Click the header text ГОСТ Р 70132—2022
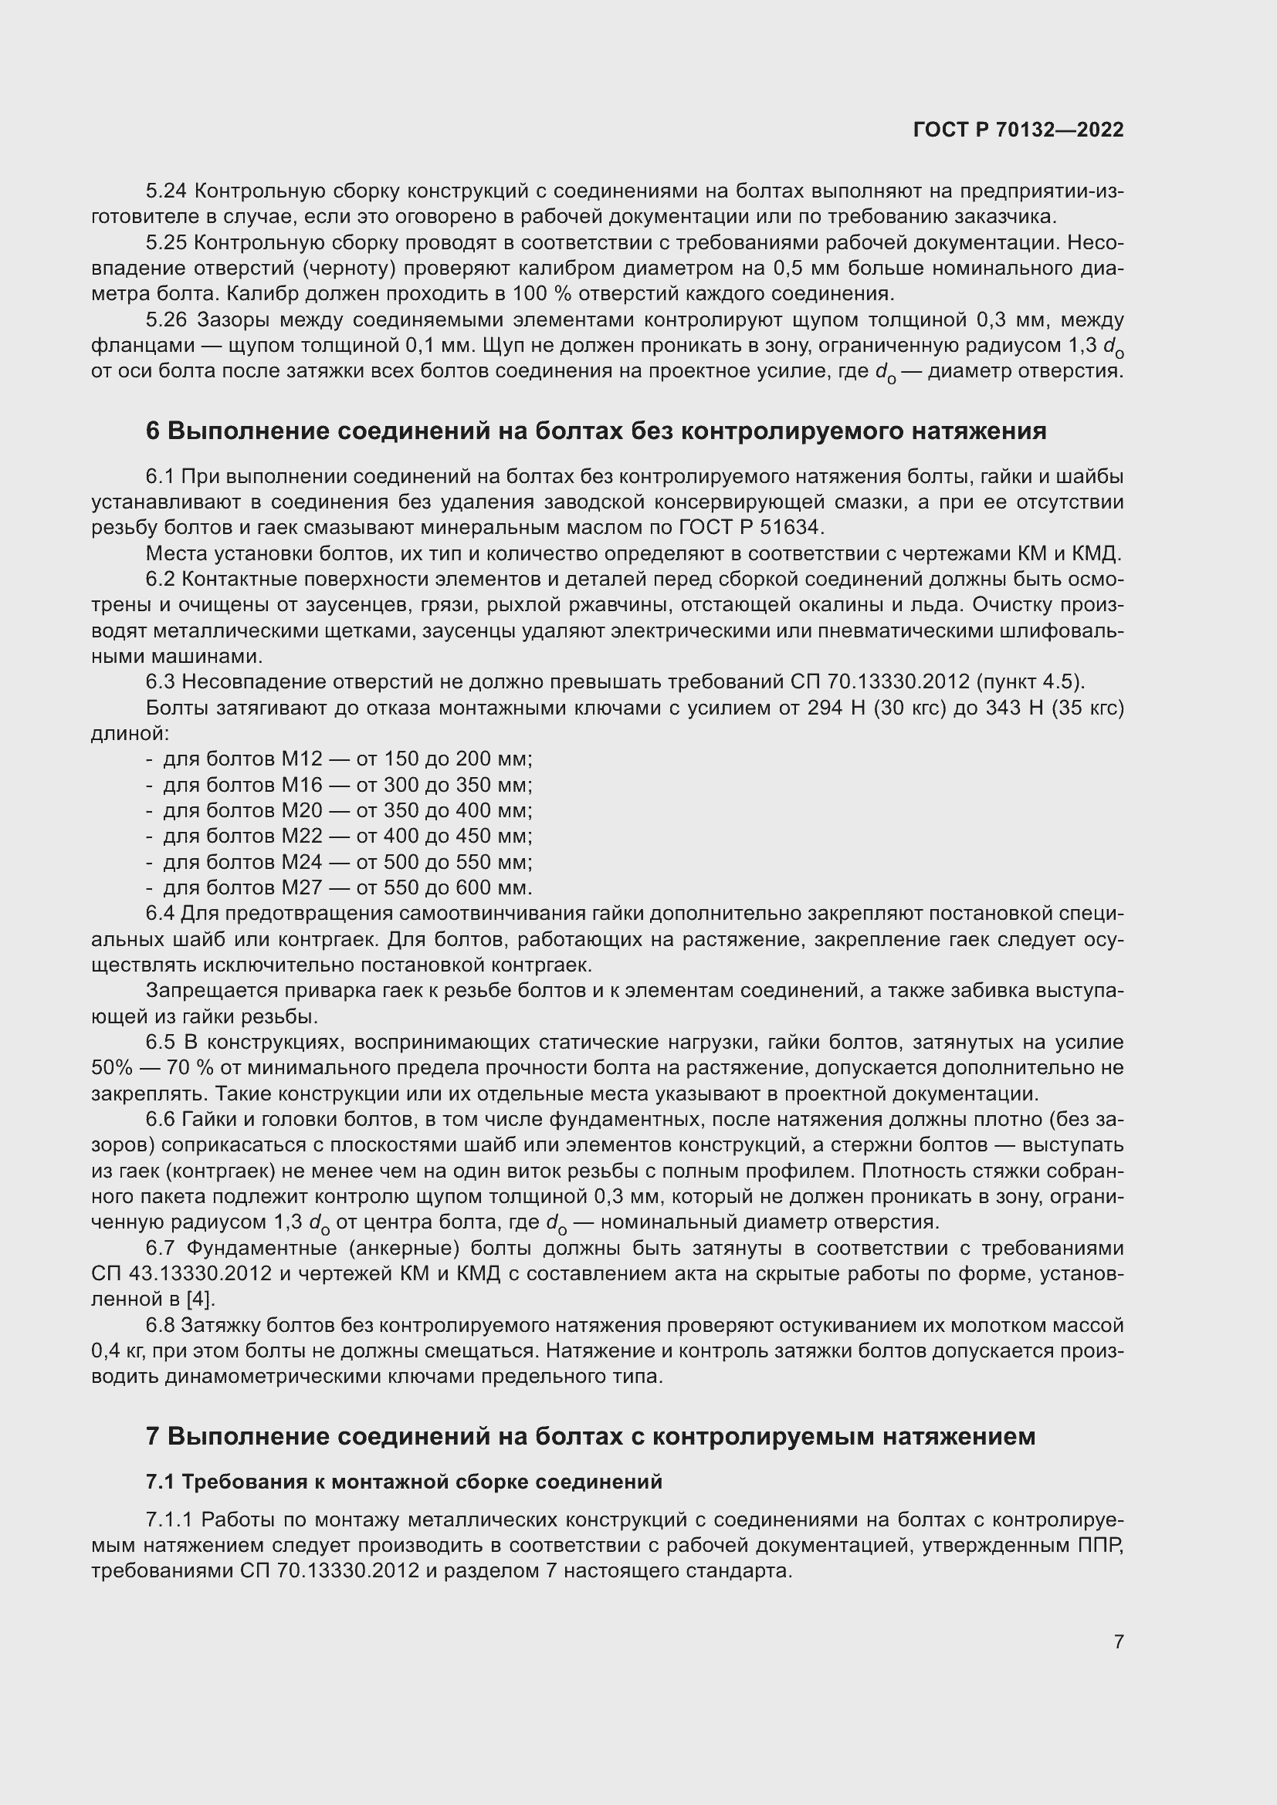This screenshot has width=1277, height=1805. pos(1018,130)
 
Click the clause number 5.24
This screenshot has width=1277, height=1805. pos(167,191)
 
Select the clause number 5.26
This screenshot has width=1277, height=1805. pos(167,320)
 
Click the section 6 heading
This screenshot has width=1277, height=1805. pos(595,431)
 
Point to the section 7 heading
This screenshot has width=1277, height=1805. pos(590,1436)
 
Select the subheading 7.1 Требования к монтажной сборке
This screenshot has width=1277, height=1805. pos(403,1482)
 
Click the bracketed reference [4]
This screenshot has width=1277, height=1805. pos(202,1300)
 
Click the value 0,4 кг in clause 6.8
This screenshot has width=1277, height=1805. pos(116,1351)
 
